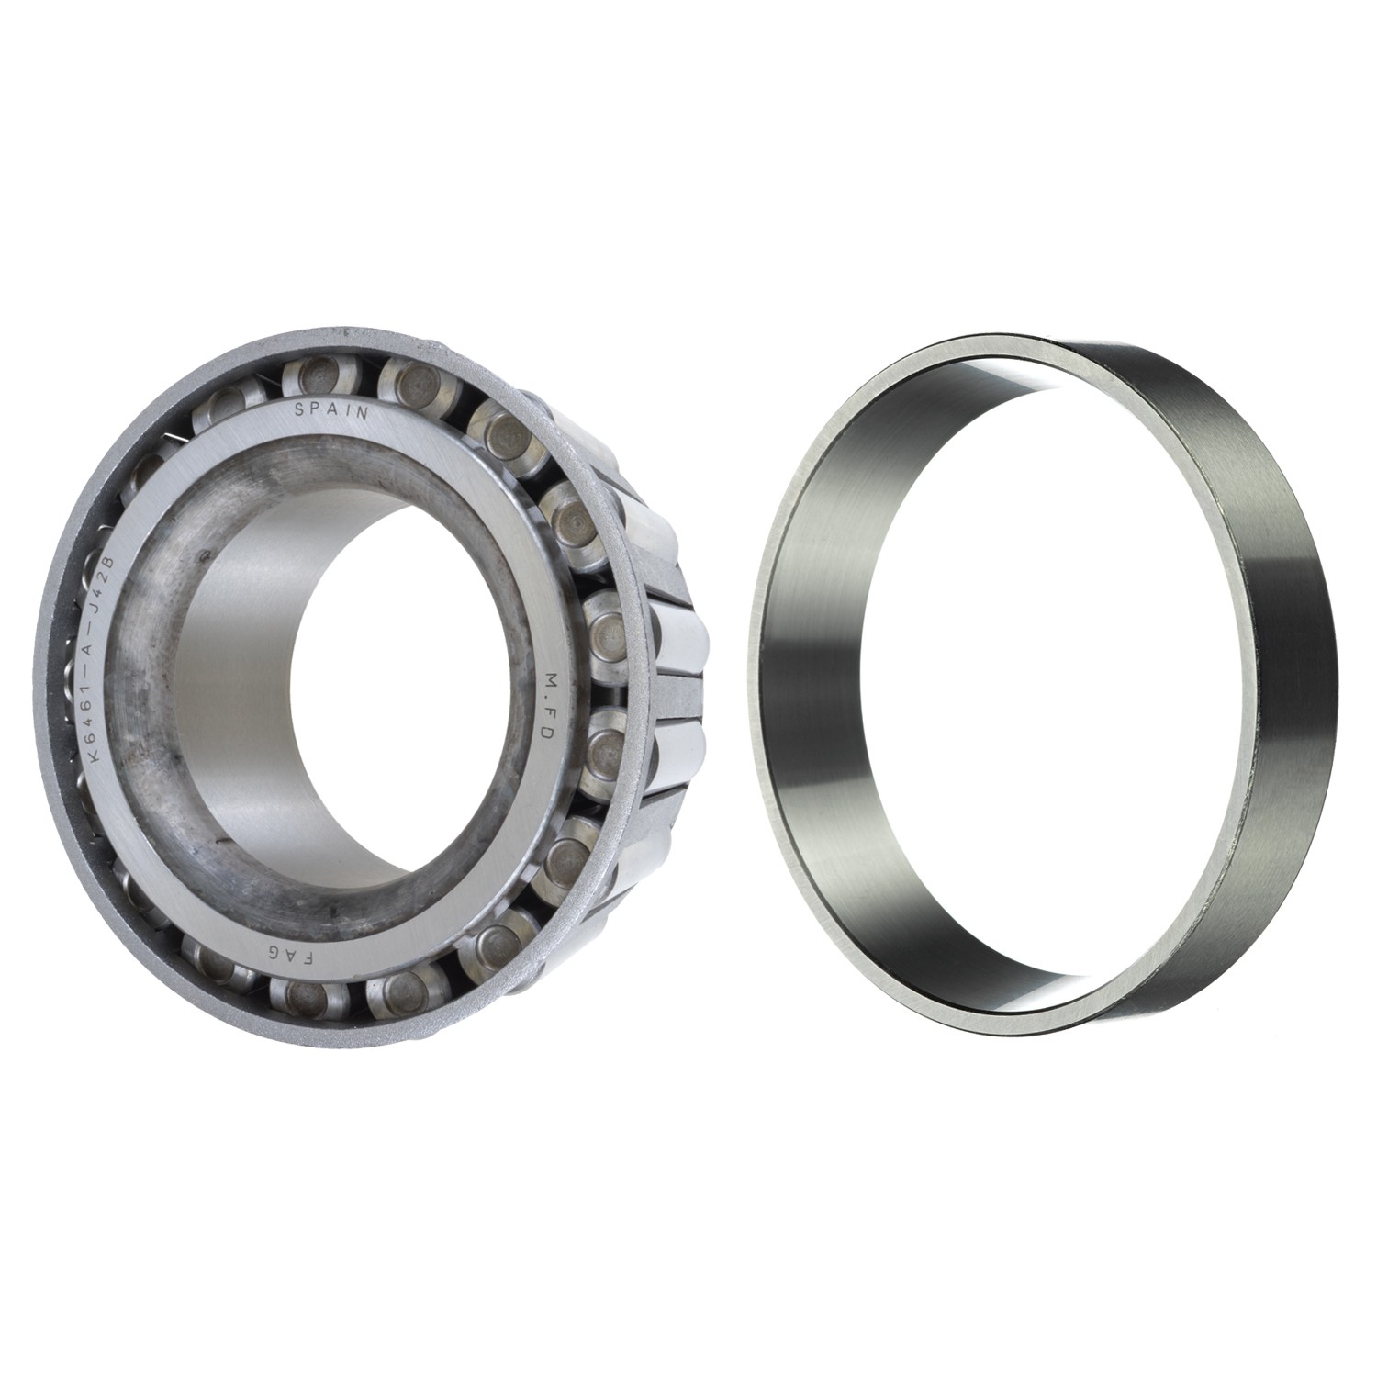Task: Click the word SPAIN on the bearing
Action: pos(331,410)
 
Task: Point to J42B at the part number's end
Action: pos(113,577)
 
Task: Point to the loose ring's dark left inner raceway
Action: pos(808,698)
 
